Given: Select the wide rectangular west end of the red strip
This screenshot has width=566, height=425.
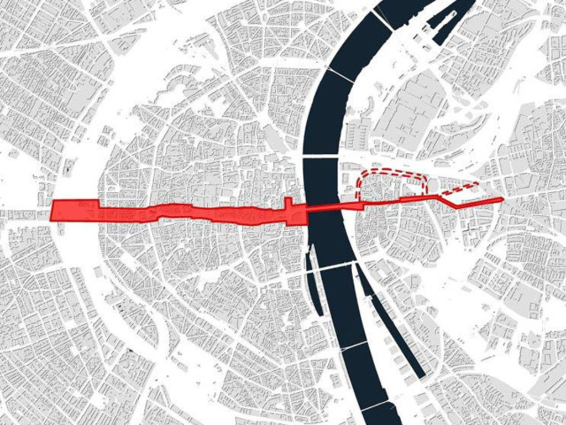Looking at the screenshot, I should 75,211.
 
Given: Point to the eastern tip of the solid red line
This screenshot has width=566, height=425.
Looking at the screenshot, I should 501,199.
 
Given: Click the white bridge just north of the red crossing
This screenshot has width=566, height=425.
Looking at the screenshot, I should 321,157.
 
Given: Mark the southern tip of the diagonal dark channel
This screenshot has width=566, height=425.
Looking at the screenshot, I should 423,376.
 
